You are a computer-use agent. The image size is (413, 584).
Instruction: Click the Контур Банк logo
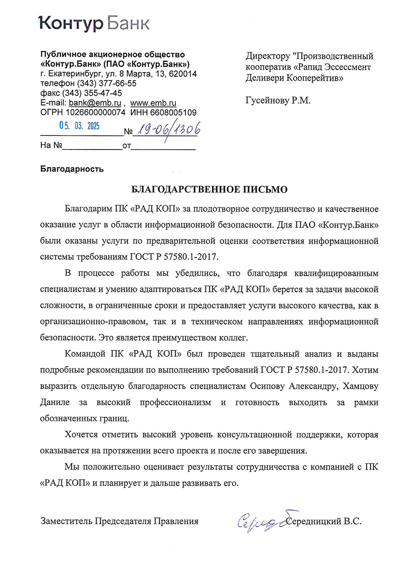click(x=94, y=23)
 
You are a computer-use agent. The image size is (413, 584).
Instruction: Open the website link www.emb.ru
click(x=153, y=103)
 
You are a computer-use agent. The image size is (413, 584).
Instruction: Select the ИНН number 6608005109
click(x=173, y=112)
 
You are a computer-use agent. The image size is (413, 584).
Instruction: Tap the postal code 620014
click(x=183, y=74)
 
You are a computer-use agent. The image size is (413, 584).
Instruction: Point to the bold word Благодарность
click(x=72, y=169)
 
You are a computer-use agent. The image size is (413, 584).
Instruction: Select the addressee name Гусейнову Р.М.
click(x=278, y=100)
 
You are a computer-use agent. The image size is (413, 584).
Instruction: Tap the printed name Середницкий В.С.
click(x=324, y=521)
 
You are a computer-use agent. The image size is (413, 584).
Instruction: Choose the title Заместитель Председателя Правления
click(x=120, y=521)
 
